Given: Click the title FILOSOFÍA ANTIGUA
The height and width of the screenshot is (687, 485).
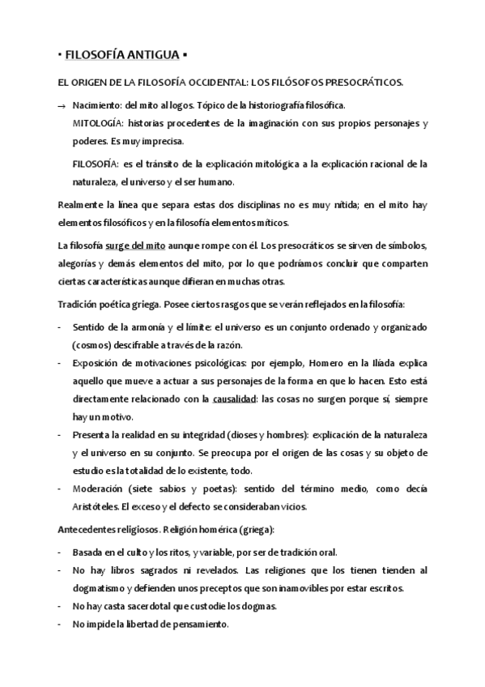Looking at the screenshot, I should (123, 55).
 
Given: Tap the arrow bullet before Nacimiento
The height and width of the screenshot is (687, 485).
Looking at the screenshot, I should (62, 107).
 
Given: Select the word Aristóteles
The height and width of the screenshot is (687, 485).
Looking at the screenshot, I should (95, 507).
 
